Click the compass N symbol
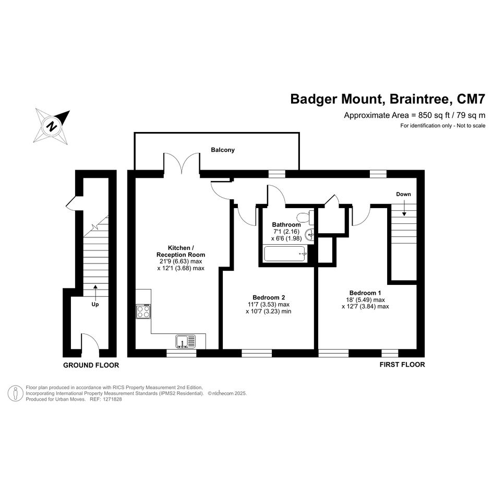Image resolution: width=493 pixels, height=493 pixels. pos(52,126)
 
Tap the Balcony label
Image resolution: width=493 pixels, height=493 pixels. pos(223,150)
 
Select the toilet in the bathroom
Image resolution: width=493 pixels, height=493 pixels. pos(305,217)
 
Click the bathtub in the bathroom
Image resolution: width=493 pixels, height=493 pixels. pos(285,254)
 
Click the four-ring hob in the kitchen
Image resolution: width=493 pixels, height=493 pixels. pos(143,311)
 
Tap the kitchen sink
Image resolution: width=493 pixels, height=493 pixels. pos(186,342)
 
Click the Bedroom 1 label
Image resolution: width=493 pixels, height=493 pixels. pos(365,293)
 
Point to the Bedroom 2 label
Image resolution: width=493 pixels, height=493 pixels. pos(269,297)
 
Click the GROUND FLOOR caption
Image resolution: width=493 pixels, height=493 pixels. pos(91,365)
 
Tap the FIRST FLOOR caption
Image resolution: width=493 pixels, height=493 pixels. pos(402,365)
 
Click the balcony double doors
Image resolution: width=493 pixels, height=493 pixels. pos(182,163)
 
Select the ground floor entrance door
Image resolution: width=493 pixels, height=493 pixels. pos(91,342)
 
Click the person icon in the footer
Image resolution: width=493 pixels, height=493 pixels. pos(16,393)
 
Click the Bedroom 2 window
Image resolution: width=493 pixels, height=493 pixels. pos(257,353)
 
